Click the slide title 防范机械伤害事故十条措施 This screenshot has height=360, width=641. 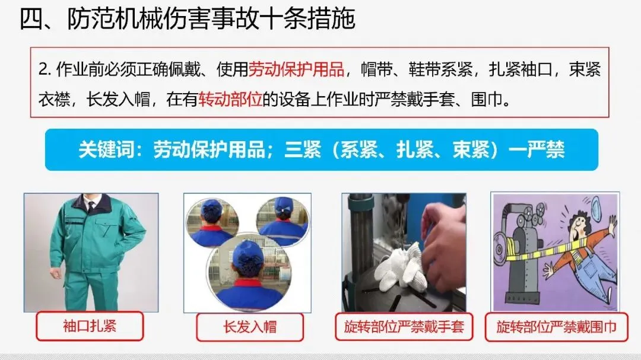pyautogui.click(x=211, y=19)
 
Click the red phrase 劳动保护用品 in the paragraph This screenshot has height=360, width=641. pyautogui.click(x=296, y=69)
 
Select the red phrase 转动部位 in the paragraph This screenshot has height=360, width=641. pyautogui.click(x=230, y=99)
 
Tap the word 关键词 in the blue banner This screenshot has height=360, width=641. pyautogui.click(x=106, y=149)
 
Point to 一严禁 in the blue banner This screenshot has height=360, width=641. pyautogui.click(x=537, y=149)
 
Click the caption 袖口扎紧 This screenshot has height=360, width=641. pyautogui.click(x=90, y=326)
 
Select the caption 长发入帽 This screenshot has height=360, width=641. pyautogui.click(x=250, y=327)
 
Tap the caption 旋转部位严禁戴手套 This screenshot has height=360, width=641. pyautogui.click(x=404, y=327)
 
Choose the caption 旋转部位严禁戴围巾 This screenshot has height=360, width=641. pyautogui.click(x=556, y=327)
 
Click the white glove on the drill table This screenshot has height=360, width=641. pyautogui.click(x=398, y=267)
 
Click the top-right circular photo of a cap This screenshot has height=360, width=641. pyautogui.click(x=283, y=221)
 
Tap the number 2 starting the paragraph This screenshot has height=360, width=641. pyautogui.click(x=43, y=70)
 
